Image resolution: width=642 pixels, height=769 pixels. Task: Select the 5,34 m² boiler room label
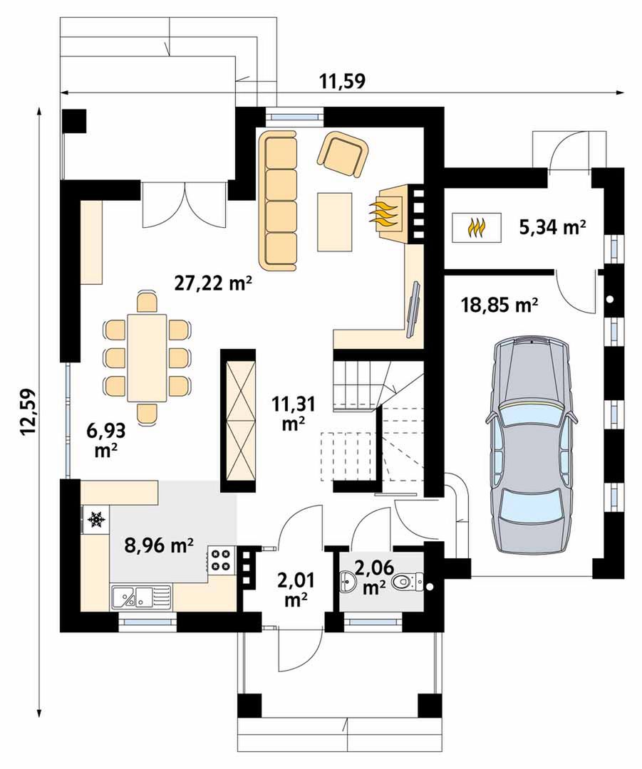552,227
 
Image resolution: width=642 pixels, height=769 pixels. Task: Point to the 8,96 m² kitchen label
159,545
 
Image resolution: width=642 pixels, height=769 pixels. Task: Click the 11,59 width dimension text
343,81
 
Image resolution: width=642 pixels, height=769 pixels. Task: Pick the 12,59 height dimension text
29,412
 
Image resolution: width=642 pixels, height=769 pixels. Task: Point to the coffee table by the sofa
335,221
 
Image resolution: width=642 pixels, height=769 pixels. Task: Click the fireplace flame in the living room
385,214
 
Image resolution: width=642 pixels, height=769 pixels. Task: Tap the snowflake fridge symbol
96,519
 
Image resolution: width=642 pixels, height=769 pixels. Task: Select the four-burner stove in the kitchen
222,560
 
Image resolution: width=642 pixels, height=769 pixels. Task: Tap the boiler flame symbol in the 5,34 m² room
477,227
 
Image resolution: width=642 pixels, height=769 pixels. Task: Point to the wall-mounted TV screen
413,310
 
